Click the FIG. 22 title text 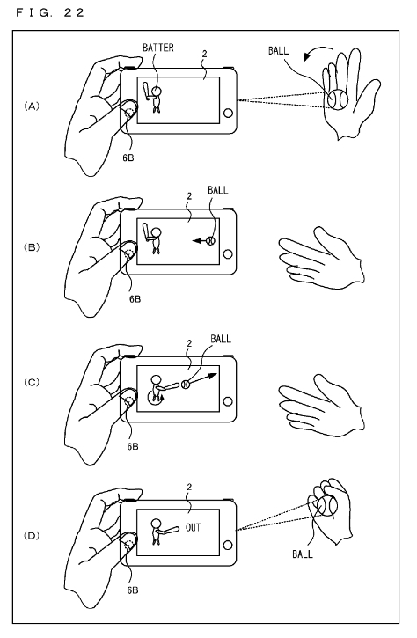50,12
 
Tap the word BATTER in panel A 157,48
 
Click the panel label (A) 32,106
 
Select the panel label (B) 32,247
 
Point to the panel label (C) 32,382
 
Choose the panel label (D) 32,535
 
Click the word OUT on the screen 194,527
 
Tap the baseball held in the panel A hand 338,99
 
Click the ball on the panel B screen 210,241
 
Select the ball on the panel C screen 186,384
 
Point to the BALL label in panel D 303,554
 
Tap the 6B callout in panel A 128,158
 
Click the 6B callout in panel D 133,590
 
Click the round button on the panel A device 228,113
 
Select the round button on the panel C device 228,401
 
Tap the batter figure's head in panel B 156,233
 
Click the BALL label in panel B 217,190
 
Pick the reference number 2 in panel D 189,487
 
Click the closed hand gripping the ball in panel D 329,510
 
